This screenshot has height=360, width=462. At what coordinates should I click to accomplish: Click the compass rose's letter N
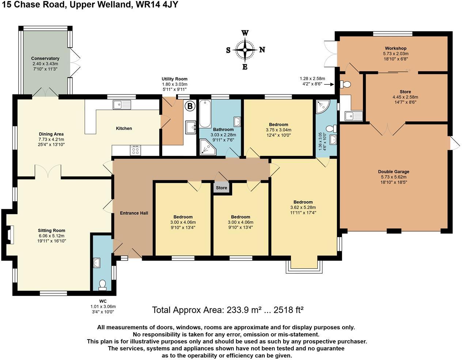(x=262, y=50)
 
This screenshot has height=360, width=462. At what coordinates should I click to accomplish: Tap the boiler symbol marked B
(x=190, y=106)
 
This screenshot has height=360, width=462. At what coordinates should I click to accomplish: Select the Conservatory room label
(x=45, y=58)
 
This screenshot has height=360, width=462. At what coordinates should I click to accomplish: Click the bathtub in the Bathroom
(x=205, y=114)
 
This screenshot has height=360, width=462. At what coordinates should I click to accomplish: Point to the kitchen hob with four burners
(x=136, y=151)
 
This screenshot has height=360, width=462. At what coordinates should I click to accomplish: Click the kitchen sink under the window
(x=122, y=105)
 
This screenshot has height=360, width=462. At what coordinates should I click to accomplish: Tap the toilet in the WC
(x=102, y=285)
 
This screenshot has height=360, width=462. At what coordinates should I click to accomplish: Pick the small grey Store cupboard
(x=221, y=188)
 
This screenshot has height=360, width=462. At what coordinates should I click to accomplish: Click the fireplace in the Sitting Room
(x=10, y=235)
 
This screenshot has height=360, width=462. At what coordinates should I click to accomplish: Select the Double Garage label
(x=394, y=172)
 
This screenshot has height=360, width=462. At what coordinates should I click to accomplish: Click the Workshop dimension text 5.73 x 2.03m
(x=396, y=54)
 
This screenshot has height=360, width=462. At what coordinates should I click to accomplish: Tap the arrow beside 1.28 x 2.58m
(x=329, y=84)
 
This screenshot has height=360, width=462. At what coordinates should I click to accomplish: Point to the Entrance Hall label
(x=134, y=213)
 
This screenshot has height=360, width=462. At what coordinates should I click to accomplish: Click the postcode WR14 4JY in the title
(x=157, y=4)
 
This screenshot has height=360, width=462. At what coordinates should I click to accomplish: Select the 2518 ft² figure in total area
(x=288, y=310)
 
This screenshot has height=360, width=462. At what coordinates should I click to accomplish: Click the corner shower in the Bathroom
(x=208, y=147)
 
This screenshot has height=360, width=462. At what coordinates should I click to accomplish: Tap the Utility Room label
(x=175, y=79)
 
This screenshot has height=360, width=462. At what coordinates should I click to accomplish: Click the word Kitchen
(x=124, y=128)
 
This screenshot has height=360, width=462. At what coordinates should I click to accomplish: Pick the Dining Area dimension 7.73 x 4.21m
(x=51, y=139)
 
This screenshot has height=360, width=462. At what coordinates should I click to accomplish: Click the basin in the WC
(x=97, y=263)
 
